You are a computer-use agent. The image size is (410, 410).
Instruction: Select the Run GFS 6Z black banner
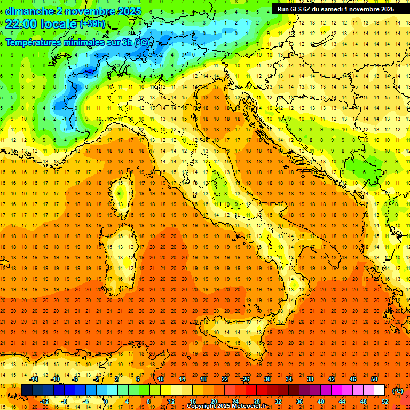pyautogui.click(x=336, y=9)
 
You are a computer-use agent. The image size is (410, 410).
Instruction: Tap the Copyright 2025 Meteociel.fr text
pyautogui.click(x=226, y=406)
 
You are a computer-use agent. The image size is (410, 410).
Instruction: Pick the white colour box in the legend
pyautogui.click(x=380, y=390)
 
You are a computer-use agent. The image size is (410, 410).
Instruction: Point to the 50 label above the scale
pyautogui.click(x=374, y=379)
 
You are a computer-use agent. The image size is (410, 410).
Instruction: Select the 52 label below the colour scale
pyautogui.click(x=385, y=401)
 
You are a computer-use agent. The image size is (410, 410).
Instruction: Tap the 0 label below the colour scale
pyautogui.click(x=106, y=401)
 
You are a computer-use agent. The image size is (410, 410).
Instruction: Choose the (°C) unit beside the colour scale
pyautogui.click(x=398, y=390)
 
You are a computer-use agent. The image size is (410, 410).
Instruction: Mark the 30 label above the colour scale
pyautogui.click(x=267, y=379)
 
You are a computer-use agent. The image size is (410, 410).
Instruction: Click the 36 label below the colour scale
pyautogui.click(x=299, y=401)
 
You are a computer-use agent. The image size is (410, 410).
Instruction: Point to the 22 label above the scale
pyautogui.click(x=224, y=379)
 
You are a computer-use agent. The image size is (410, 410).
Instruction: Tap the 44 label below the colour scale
pyautogui.click(x=342, y=401)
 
